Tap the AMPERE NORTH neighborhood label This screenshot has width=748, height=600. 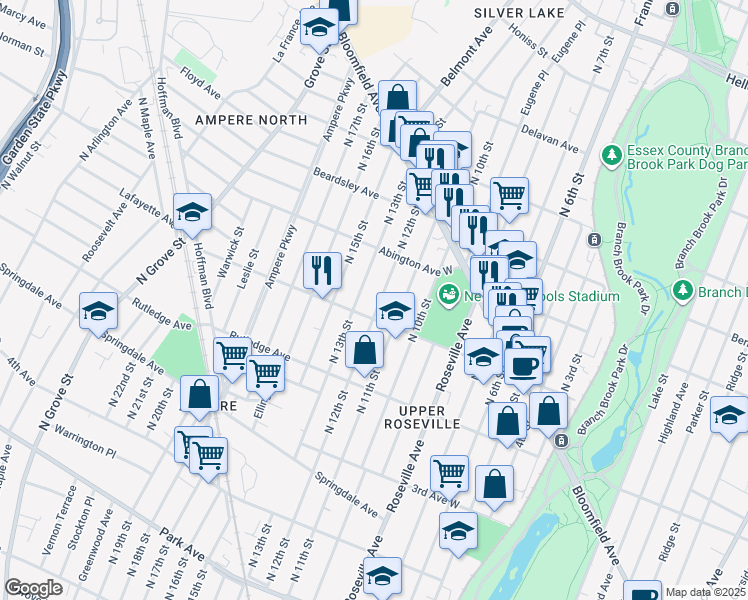251,120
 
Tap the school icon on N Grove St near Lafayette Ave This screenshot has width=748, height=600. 192,212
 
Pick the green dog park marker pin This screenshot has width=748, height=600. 611,155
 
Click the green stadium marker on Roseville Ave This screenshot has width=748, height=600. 448,294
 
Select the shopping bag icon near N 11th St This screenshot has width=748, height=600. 366,351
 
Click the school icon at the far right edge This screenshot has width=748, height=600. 729,414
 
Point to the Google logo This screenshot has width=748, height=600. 34,589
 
